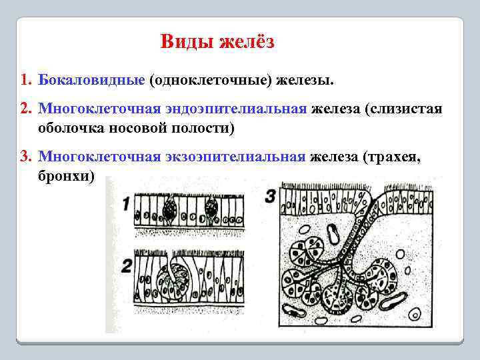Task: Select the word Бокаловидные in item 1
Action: tap(91, 80)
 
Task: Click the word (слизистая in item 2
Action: tap(403, 109)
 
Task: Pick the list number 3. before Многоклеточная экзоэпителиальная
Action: tap(26, 157)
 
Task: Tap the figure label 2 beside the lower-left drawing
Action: tap(126, 265)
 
